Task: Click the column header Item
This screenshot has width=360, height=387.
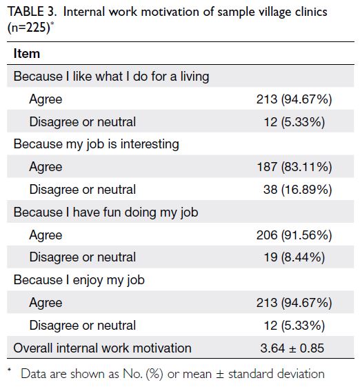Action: pyautogui.click(x=27, y=54)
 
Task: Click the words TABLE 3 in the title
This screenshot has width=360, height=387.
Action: pyautogui.click(x=32, y=12)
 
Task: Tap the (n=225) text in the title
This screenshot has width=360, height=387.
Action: pyautogui.click(x=29, y=28)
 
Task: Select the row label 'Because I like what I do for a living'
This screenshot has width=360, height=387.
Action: pyautogui.click(x=111, y=77)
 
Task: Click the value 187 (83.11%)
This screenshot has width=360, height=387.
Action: pyautogui.click(x=294, y=167)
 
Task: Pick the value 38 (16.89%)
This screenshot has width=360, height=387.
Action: pyautogui.click(x=297, y=190)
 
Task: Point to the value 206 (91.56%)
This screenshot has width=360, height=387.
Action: pyautogui.click(x=294, y=235)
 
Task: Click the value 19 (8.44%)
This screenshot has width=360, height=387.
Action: pyautogui.click(x=294, y=257)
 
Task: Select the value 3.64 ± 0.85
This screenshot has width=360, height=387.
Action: pyautogui.click(x=292, y=348)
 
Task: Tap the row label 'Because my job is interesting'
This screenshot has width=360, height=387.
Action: pyautogui.click(x=97, y=144)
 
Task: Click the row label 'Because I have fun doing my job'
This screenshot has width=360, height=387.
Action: pyautogui.click(x=106, y=212)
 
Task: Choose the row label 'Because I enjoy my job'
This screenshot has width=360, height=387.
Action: pyautogui.click(x=79, y=280)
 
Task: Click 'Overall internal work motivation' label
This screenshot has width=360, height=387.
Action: pyautogui.click(x=102, y=348)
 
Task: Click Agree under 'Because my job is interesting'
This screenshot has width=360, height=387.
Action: pyautogui.click(x=46, y=167)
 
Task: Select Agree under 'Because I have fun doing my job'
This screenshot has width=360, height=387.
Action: pyautogui.click(x=46, y=235)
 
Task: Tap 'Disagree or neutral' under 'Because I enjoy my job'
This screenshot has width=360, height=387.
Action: pyautogui.click(x=83, y=326)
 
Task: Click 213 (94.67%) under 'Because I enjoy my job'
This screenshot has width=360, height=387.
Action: pyautogui.click(x=294, y=303)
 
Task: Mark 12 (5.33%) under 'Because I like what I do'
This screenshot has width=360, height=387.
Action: pyautogui.click(x=294, y=122)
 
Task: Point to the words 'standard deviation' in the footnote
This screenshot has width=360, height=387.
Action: pyautogui.click(x=277, y=374)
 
